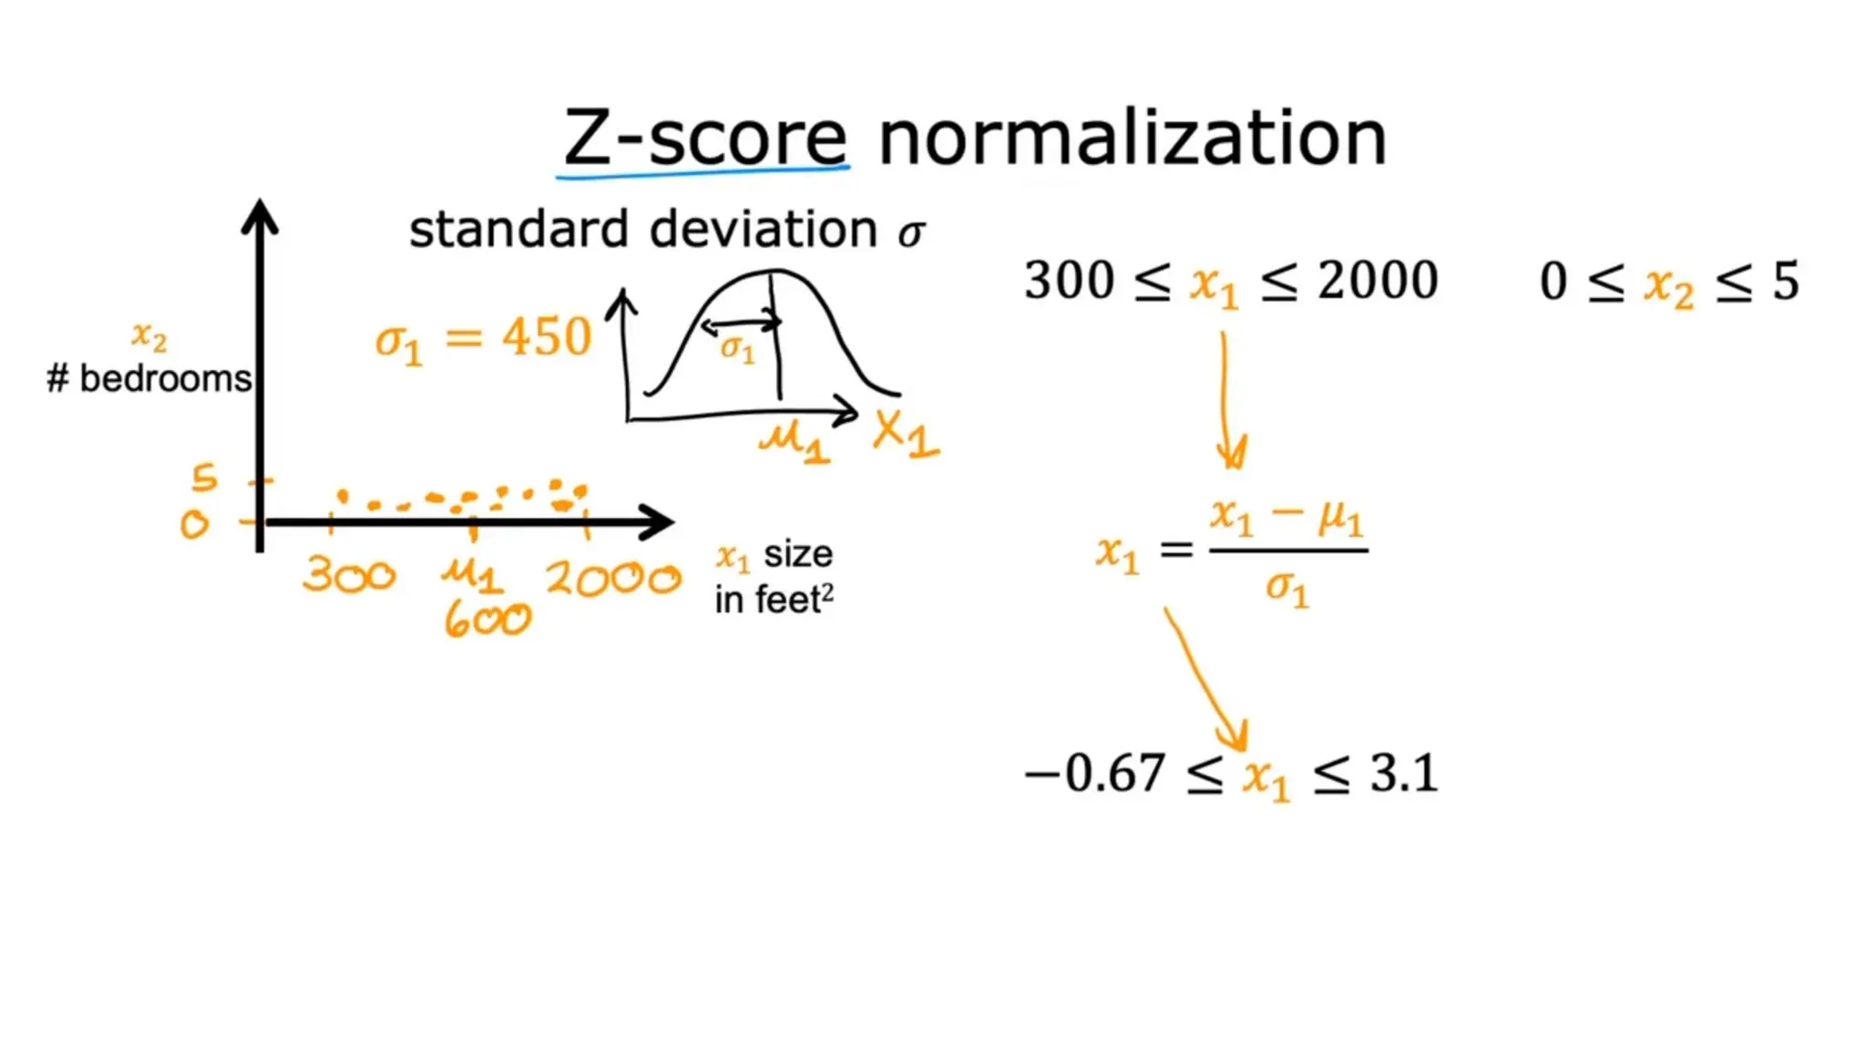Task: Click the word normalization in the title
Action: click(x=1132, y=139)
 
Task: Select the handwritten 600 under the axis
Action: click(x=487, y=621)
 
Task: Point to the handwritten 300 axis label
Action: click(x=349, y=575)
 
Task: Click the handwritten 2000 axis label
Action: click(x=613, y=579)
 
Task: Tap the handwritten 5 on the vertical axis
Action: click(x=205, y=477)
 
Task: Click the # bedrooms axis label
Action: click(x=149, y=378)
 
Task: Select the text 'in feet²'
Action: click(x=774, y=600)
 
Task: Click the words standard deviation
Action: click(x=643, y=229)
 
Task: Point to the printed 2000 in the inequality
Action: click(x=1378, y=280)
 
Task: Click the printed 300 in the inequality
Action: click(x=1069, y=280)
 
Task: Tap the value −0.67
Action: click(x=1094, y=774)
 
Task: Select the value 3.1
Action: click(x=1404, y=774)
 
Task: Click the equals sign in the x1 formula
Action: click(x=1176, y=549)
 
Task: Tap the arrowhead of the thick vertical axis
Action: click(x=260, y=217)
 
